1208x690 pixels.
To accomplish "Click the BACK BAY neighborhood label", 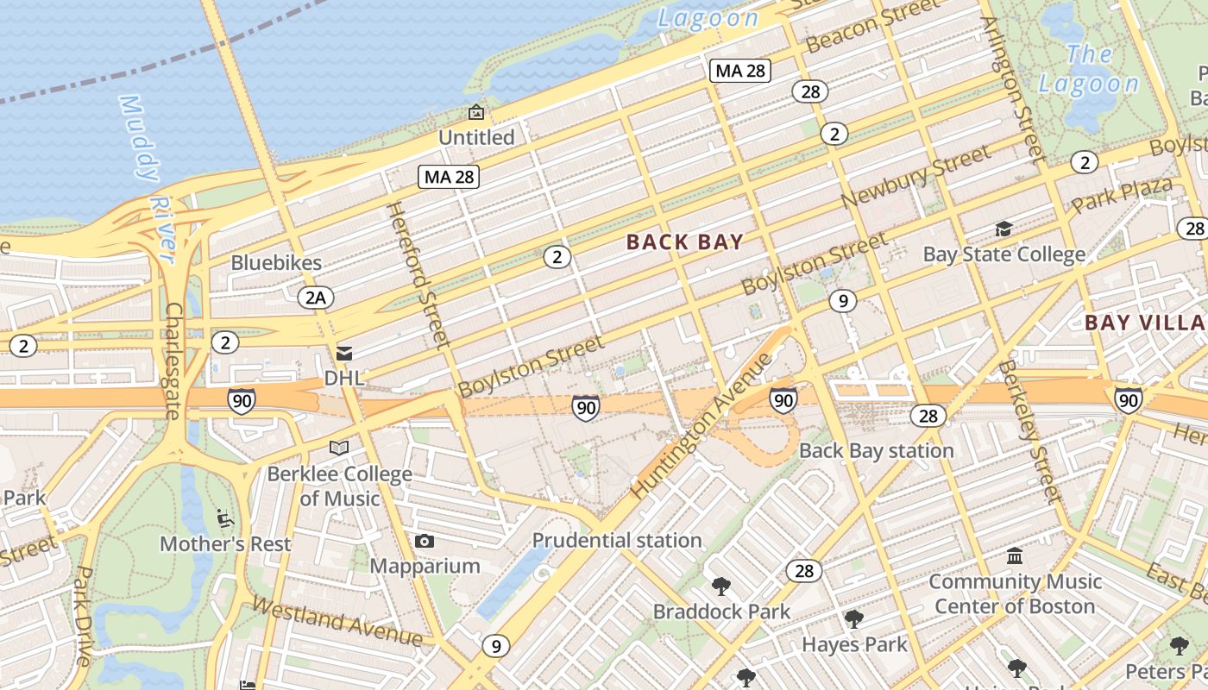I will [x=684, y=242].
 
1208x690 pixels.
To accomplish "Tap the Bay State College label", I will [x=1004, y=254].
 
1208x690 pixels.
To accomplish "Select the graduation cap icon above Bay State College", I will [x=1004, y=229].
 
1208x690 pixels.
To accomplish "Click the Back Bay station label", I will [x=876, y=451].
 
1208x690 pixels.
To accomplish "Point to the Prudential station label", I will [x=616, y=541].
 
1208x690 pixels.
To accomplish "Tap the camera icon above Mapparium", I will [x=424, y=542].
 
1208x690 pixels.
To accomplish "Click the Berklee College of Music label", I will [x=339, y=486].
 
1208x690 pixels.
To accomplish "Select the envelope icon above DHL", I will [x=344, y=354].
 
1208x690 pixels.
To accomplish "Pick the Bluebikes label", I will [x=276, y=263].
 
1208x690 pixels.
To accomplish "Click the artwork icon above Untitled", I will [x=475, y=112].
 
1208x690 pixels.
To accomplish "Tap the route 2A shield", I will [x=315, y=298].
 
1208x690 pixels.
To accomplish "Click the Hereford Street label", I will [x=418, y=274].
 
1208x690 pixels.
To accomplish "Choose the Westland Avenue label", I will [x=337, y=623].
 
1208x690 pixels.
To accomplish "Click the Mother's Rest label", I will [x=225, y=544].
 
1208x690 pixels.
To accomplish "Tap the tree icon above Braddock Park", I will [x=720, y=586].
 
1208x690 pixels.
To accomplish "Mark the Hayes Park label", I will [x=854, y=644].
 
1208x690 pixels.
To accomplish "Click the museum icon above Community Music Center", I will [x=1015, y=555].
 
